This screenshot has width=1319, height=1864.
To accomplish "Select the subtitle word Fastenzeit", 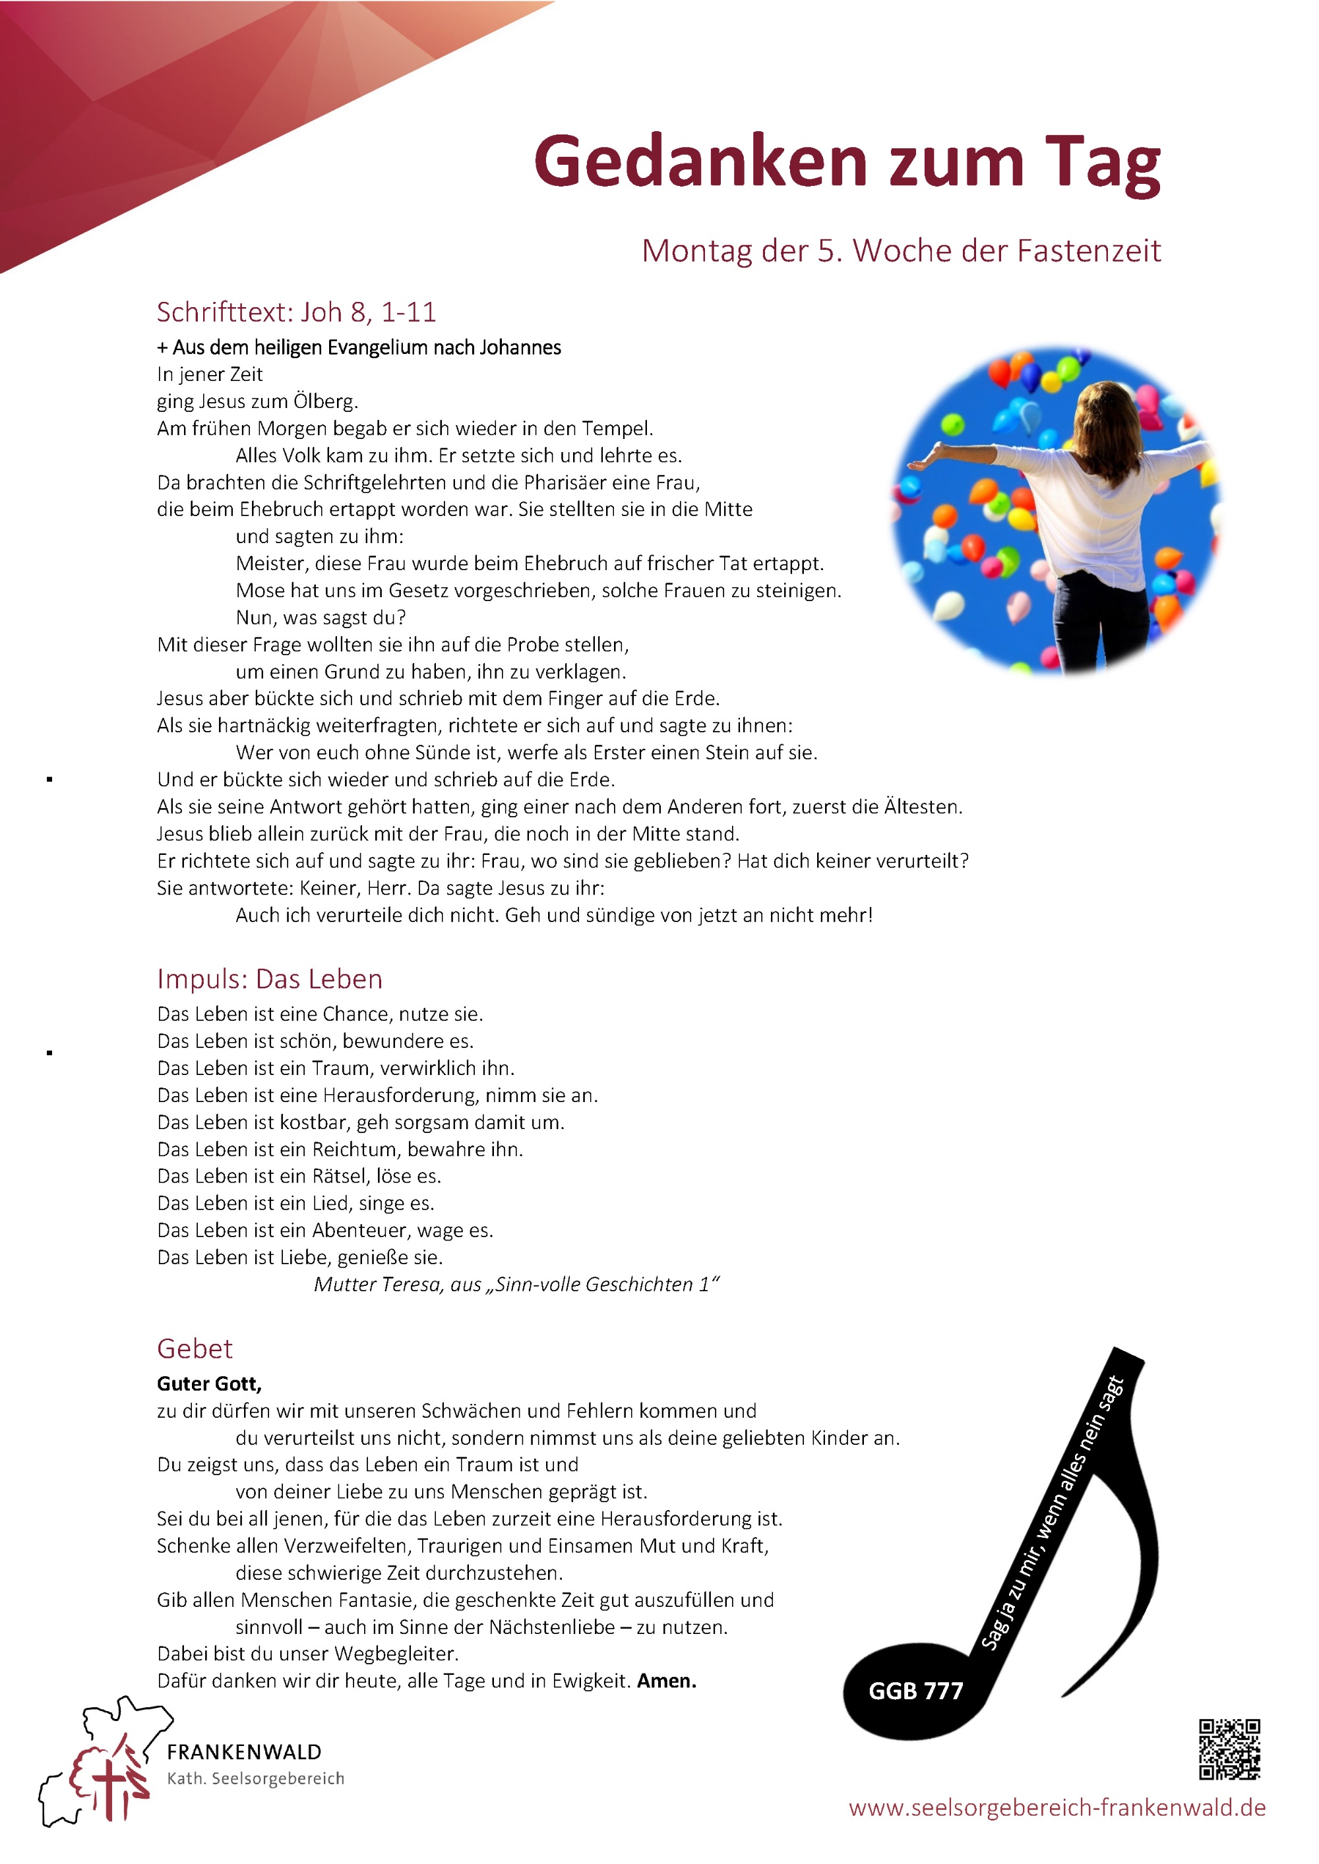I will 1089,251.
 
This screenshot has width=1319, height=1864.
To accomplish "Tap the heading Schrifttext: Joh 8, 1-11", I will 297,312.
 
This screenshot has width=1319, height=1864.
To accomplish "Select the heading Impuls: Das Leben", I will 270,979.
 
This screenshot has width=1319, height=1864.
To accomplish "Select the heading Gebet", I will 195,1349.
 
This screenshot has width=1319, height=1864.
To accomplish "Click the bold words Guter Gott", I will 209,1383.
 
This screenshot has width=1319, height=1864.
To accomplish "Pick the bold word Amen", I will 666,1681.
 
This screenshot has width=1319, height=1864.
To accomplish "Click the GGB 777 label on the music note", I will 915,1691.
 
